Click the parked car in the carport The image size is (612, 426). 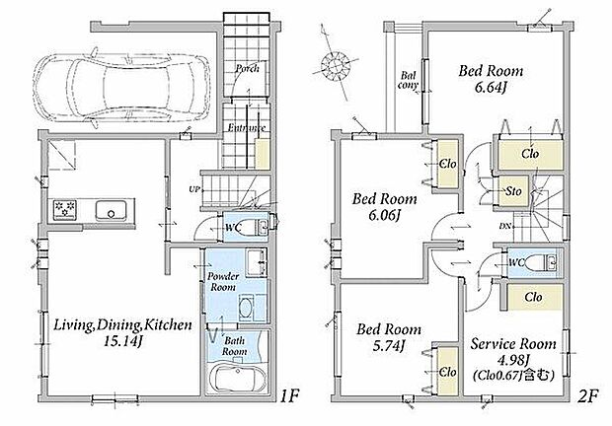tap(121, 89)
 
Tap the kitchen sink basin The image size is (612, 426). tap(112, 211)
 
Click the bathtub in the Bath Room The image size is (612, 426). tap(238, 378)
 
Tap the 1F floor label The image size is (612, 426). tap(289, 396)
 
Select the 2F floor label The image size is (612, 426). tap(587, 396)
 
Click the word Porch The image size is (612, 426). tap(247, 69)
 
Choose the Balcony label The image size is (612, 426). tap(409, 80)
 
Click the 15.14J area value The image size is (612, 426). tap(121, 342)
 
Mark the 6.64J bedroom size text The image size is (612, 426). tap(491, 88)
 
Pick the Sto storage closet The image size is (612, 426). tap(513, 191)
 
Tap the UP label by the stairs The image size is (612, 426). tap(194, 189)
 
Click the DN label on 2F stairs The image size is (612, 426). tap(504, 226)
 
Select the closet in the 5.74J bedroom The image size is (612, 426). tap(447, 372)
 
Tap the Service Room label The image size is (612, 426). tap(513, 344)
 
